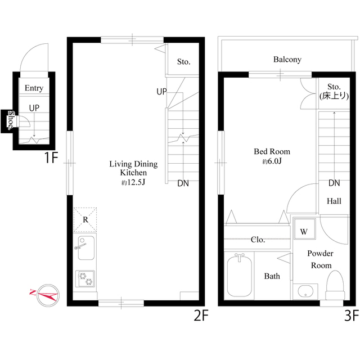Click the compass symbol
click(48, 295)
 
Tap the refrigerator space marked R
click(85, 220)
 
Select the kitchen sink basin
click(86, 247)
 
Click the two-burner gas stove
click(85, 278)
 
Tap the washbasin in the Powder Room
click(305, 291)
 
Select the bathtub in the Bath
click(240, 276)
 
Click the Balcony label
click(287, 60)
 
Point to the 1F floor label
click(51, 157)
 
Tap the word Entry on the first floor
click(34, 88)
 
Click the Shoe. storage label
click(11, 120)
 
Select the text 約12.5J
click(133, 182)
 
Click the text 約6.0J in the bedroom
click(272, 161)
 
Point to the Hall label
click(334, 201)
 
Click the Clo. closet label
click(258, 240)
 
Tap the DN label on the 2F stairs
click(183, 183)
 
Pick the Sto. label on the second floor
click(184, 61)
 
